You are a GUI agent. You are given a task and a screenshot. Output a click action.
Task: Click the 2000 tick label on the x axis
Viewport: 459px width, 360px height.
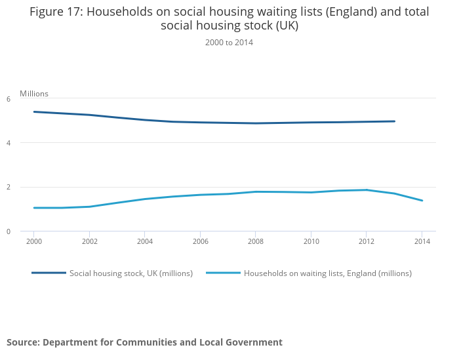[34, 241]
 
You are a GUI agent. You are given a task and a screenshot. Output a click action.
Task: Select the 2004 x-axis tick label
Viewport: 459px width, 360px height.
[145, 241]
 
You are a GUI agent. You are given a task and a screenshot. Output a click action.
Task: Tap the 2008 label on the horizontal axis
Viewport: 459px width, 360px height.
[256, 241]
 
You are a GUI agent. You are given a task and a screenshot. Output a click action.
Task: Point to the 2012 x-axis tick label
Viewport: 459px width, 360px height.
[367, 241]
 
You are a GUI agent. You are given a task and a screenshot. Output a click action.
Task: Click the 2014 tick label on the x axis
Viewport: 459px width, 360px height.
[422, 241]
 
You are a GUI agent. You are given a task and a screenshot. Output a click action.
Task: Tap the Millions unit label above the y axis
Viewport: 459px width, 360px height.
[34, 94]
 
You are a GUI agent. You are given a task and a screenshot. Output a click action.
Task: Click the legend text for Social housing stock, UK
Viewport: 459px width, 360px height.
[131, 273]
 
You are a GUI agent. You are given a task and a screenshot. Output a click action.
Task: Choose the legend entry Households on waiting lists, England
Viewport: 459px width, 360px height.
[327, 273]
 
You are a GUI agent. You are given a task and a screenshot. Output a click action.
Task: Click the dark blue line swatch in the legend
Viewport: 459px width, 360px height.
[49, 273]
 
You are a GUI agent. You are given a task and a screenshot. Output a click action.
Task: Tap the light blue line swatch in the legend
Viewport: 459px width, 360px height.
[223, 273]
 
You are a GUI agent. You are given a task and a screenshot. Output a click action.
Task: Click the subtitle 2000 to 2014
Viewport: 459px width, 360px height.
[229, 43]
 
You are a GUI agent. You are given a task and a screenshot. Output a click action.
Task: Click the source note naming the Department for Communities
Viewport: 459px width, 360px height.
[144, 342]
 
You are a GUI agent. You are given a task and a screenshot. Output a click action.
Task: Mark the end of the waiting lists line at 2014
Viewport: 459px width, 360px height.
[422, 201]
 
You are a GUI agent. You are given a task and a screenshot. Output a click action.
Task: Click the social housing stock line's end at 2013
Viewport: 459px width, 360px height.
[394, 121]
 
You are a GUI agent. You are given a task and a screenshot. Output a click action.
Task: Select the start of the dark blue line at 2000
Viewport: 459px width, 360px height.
[34, 112]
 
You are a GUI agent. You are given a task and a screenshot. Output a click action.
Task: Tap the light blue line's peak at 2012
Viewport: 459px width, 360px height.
[367, 190]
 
